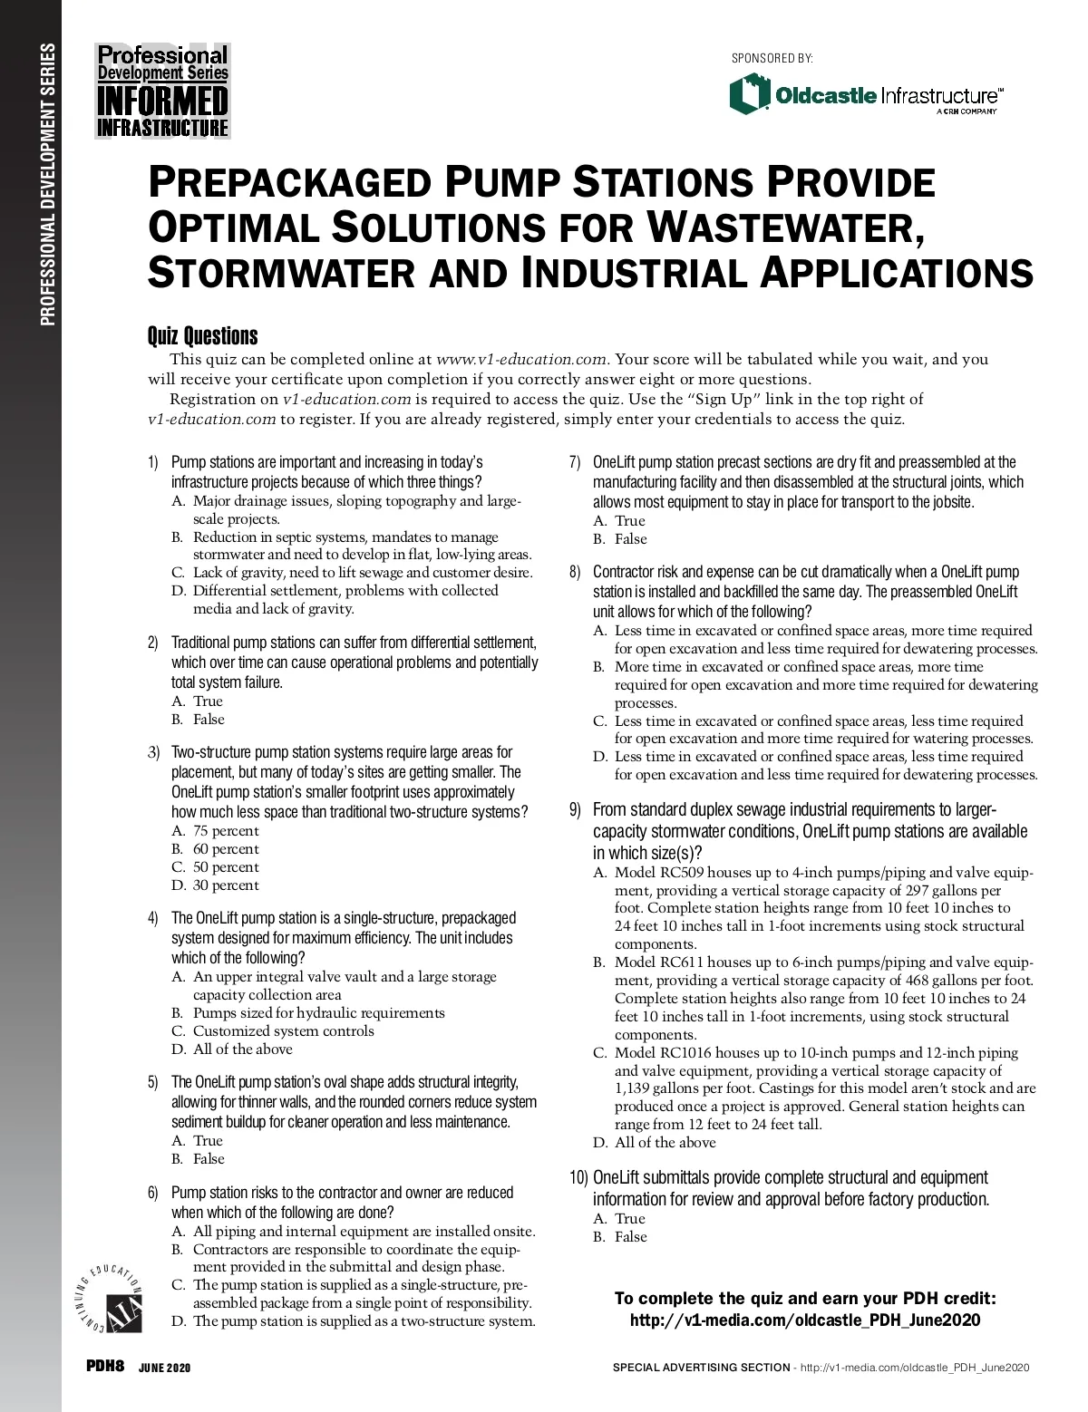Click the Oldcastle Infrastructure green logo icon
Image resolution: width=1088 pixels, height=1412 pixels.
(749, 94)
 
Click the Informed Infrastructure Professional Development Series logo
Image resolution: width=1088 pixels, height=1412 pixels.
(163, 91)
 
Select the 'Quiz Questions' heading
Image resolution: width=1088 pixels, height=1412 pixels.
(202, 336)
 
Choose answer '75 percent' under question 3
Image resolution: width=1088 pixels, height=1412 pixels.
(226, 831)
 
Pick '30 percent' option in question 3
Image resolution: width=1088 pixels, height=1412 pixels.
(226, 885)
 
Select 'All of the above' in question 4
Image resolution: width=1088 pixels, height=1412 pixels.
(242, 1049)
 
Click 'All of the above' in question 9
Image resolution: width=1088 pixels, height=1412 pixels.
(665, 1143)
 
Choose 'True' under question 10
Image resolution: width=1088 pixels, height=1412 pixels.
(630, 1219)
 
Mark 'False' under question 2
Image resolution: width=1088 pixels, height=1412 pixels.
(209, 720)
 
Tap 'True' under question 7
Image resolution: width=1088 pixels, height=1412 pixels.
(630, 521)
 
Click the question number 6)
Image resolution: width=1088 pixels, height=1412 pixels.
(153, 1194)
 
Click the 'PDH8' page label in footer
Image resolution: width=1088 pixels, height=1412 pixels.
(104, 1367)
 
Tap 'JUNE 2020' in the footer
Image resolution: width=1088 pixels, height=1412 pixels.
(164, 1368)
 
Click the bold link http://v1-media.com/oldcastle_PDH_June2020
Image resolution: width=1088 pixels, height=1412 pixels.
(804, 1320)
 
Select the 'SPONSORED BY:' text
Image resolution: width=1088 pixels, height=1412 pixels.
(772, 59)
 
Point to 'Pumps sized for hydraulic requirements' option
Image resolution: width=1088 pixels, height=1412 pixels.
(319, 1013)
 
